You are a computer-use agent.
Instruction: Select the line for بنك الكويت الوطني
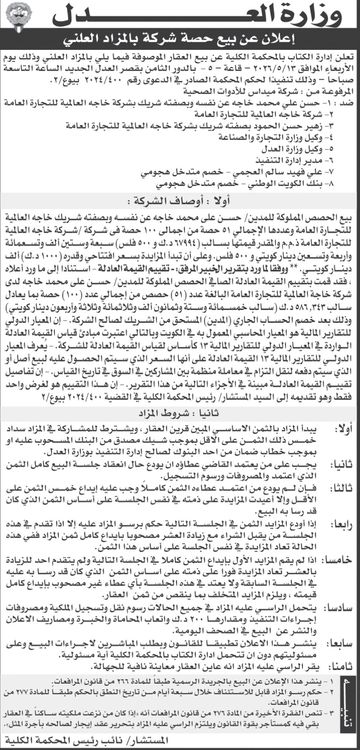pyautogui.click(x=245, y=184)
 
